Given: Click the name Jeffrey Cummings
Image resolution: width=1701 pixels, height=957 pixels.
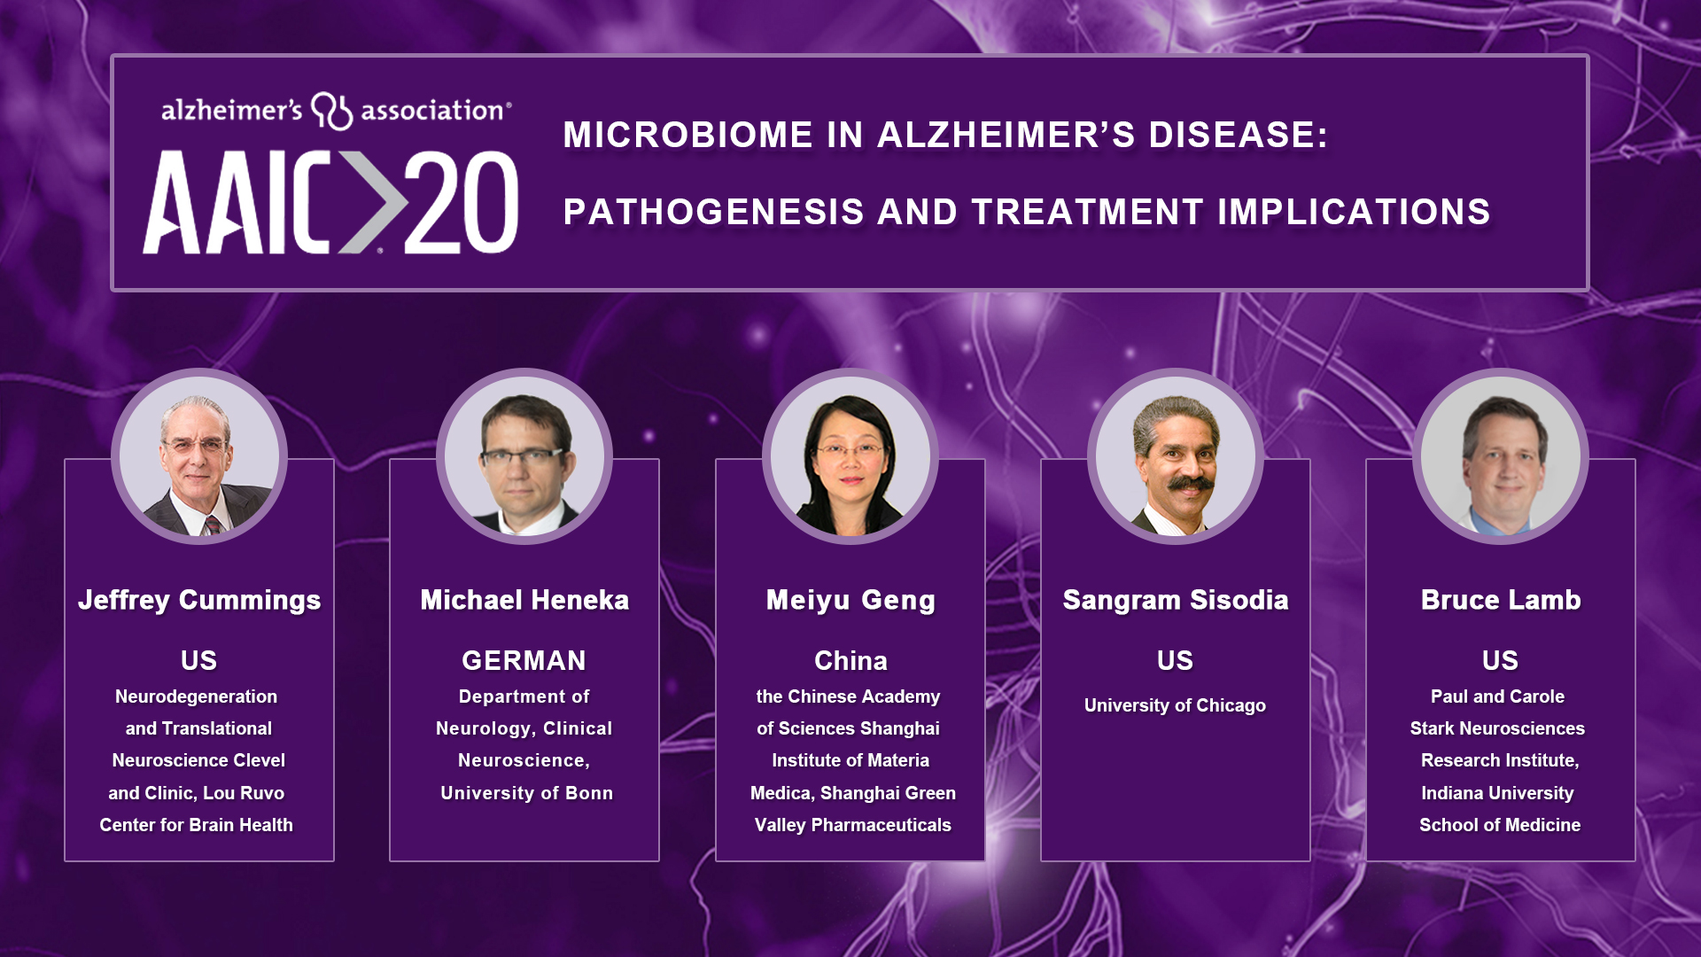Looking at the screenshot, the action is tap(199, 601).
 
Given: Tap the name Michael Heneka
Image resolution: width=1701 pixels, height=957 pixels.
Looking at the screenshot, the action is tap(524, 600).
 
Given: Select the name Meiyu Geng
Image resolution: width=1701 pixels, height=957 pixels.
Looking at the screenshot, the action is tap(850, 601).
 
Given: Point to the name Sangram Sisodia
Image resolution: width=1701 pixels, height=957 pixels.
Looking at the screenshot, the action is tap(1176, 601).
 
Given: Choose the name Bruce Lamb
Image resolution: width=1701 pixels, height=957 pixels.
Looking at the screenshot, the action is tap(1501, 600).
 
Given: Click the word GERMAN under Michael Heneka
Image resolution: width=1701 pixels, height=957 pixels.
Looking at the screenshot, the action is tap(524, 660).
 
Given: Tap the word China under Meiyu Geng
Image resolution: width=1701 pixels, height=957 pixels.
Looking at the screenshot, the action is tap(850, 660).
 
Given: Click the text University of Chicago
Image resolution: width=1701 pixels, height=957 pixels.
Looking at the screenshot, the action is tap(1175, 705).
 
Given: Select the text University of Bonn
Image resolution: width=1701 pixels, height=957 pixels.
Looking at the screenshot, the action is tap(526, 793).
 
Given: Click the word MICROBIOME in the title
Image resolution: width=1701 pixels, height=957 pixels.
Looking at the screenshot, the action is tap(688, 135).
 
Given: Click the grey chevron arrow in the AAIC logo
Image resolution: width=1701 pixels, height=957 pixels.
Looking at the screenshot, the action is tap(370, 202).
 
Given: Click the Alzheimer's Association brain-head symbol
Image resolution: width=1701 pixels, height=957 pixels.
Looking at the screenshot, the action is tap(331, 111).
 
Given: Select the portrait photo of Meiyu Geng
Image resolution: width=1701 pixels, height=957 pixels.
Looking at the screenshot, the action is tap(850, 456).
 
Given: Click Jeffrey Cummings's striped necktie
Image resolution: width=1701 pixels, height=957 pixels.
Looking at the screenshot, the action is tap(213, 525).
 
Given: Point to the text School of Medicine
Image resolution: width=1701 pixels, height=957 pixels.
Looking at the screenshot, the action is tap(1500, 825).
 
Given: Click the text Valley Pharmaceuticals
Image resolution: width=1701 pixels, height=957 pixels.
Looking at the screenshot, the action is tap(852, 825).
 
